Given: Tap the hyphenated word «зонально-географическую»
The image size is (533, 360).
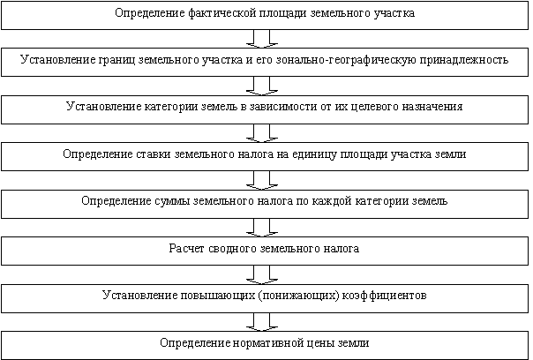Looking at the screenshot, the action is click(x=346, y=60).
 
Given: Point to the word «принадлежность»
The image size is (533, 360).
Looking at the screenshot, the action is click(x=464, y=60).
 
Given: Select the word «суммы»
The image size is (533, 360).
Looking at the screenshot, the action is click(x=172, y=201).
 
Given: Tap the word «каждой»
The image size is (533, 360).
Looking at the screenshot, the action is click(x=332, y=201).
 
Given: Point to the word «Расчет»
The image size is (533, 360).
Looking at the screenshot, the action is click(x=186, y=249).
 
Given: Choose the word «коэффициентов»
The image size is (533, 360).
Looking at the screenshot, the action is click(x=385, y=295).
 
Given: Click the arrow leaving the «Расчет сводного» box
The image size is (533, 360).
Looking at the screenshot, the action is click(x=262, y=274).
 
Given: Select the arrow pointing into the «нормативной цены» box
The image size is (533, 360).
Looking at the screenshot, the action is click(x=262, y=322).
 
